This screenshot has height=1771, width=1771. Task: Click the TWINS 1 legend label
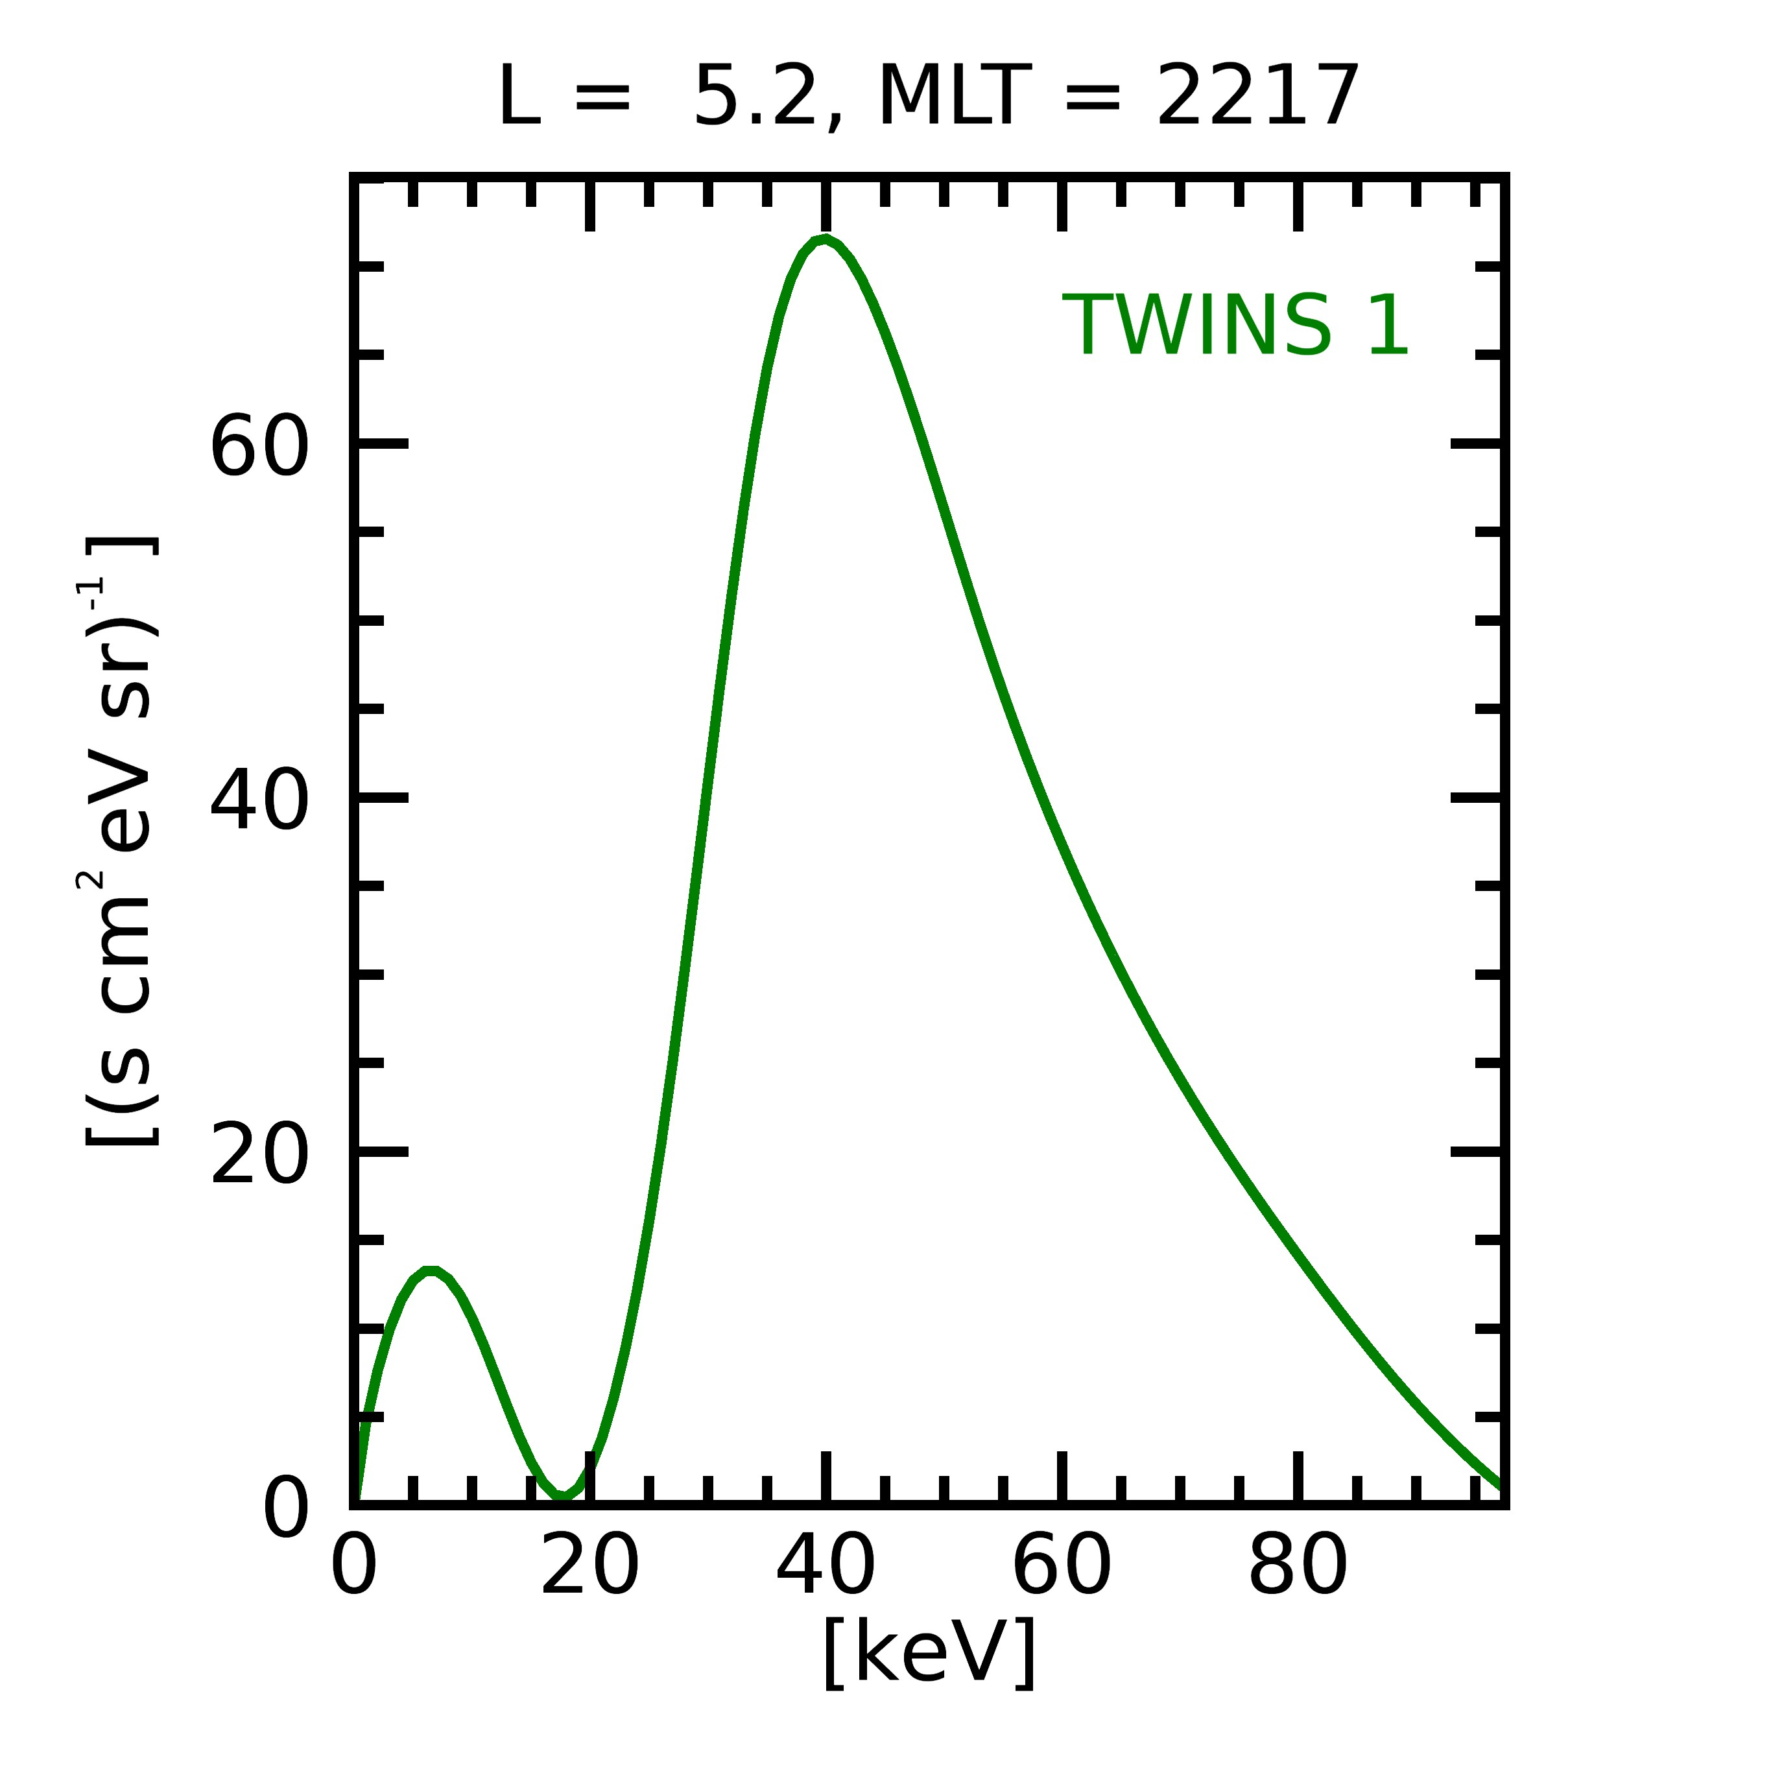pos(1235,326)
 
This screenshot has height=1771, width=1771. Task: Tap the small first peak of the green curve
pos(430,1270)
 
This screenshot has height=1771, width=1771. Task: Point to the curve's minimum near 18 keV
pos(564,1496)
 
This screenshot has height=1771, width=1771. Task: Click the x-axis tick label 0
pos(354,1567)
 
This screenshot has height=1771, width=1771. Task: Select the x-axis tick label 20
pos(589,1567)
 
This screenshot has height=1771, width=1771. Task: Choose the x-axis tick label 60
pos(1062,1567)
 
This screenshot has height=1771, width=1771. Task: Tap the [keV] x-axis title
pos(929,1651)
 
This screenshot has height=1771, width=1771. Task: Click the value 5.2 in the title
pos(755,96)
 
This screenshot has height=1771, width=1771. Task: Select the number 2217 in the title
pos(1257,96)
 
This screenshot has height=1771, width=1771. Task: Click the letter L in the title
pos(519,96)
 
